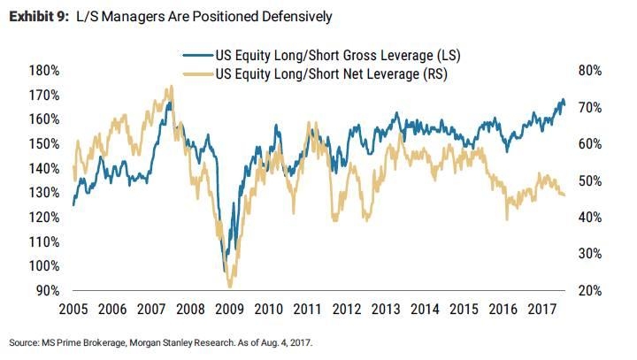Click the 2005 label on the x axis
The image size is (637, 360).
coord(73,310)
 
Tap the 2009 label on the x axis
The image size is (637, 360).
coord(230,310)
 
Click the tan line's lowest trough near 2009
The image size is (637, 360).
coord(230,287)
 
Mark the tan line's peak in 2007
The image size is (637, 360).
coord(170,87)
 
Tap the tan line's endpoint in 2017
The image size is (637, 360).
coord(564,195)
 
